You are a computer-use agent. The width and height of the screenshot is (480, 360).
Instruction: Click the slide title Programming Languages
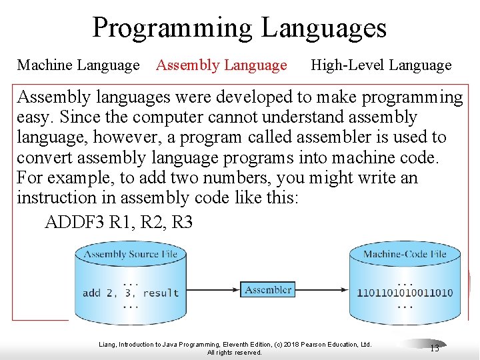(239, 27)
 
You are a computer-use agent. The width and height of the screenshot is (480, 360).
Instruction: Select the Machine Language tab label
(78, 65)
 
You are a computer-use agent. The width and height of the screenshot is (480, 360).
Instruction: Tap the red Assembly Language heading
(221, 65)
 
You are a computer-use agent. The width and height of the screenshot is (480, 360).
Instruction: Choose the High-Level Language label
(381, 65)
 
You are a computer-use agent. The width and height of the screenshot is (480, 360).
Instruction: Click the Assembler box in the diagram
(268, 290)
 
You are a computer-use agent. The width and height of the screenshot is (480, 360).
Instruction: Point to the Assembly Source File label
(131, 254)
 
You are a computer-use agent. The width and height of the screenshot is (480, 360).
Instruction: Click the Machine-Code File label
(405, 254)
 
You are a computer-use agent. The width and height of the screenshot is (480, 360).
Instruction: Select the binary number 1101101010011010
(405, 293)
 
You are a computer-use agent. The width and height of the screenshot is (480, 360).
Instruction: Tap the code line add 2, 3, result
(131, 293)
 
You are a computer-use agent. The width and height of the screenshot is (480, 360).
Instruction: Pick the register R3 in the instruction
(182, 222)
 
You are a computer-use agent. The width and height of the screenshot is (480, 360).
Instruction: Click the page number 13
(434, 347)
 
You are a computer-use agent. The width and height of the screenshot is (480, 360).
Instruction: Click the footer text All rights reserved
(235, 353)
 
